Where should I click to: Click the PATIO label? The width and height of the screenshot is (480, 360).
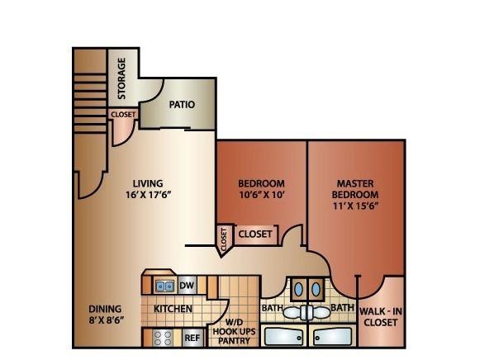point(182,105)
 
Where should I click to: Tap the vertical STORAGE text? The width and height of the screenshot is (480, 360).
point(121,78)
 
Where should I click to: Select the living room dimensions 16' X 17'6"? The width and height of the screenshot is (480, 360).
point(148,195)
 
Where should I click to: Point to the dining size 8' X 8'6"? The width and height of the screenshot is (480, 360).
point(105,320)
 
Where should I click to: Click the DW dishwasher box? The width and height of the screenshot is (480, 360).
point(187,286)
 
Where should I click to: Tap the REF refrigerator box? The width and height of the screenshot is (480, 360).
point(192,338)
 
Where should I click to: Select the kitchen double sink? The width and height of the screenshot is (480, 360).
point(164,287)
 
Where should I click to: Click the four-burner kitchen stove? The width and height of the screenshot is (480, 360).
point(163,338)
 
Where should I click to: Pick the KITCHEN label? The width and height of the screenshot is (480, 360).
point(173,309)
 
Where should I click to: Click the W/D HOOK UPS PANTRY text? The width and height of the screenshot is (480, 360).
point(234,331)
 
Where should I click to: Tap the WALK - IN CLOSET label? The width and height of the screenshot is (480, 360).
point(381,317)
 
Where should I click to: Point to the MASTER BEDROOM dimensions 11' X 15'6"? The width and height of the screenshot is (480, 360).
point(355,206)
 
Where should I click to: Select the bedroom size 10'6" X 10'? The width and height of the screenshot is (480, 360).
point(262,195)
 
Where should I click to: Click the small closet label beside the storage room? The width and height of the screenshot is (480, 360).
point(123,115)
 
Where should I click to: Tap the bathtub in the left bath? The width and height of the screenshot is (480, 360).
point(283,337)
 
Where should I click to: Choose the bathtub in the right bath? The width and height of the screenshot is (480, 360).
point(333,337)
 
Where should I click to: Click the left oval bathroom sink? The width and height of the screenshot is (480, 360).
point(298,289)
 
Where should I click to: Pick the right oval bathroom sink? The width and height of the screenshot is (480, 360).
point(316,289)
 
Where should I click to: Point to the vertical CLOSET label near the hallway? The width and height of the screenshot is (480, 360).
point(224,239)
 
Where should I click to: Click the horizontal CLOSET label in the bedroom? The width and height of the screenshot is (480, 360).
point(255,234)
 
